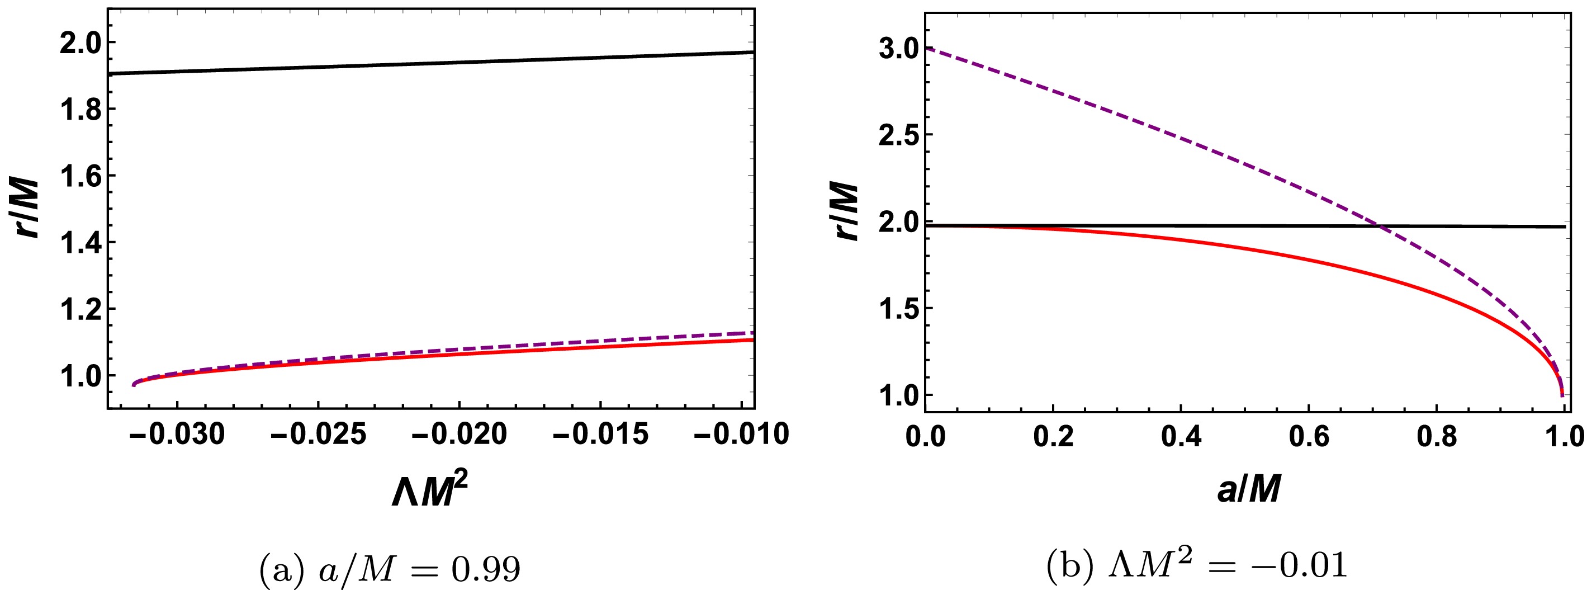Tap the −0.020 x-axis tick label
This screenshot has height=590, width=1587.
pos(459,435)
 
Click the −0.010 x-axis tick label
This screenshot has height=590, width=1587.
pos(741,435)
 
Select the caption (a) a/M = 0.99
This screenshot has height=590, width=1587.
pos(390,568)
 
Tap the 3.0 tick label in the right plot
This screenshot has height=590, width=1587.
pos(899,49)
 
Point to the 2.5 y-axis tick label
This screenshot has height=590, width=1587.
pos(899,136)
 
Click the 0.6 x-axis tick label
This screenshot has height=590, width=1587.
pos(1309,437)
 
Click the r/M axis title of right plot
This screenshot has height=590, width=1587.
pos(846,211)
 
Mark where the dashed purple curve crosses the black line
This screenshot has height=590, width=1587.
pos(1380,226)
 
